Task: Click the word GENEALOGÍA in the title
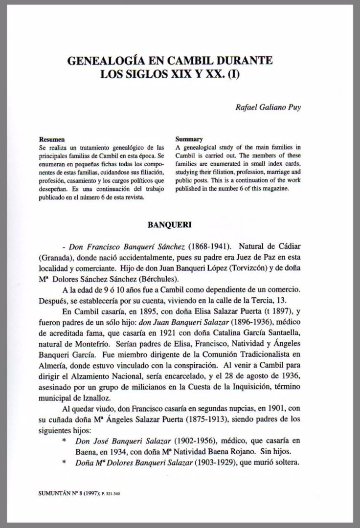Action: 102,62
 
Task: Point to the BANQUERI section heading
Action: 169,226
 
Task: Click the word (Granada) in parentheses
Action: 54,258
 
